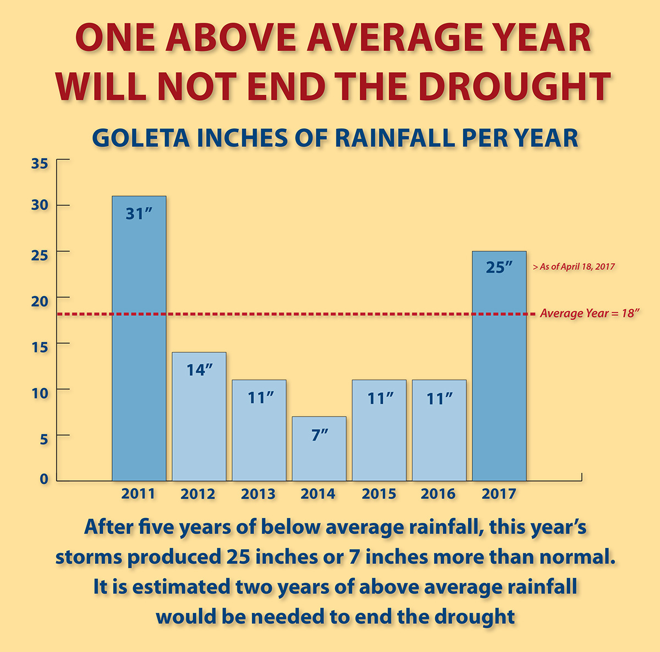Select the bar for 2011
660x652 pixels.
click(139, 338)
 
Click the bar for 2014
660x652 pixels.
click(319, 448)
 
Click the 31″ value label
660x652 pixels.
click(139, 213)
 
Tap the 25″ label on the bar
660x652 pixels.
click(499, 267)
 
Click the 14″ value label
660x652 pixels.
click(199, 369)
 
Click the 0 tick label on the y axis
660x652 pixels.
click(44, 479)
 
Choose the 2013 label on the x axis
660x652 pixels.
click(258, 494)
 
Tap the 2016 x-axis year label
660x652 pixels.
click(438, 494)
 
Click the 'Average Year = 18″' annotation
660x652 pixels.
click(590, 314)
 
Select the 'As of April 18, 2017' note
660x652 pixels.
click(574, 266)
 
